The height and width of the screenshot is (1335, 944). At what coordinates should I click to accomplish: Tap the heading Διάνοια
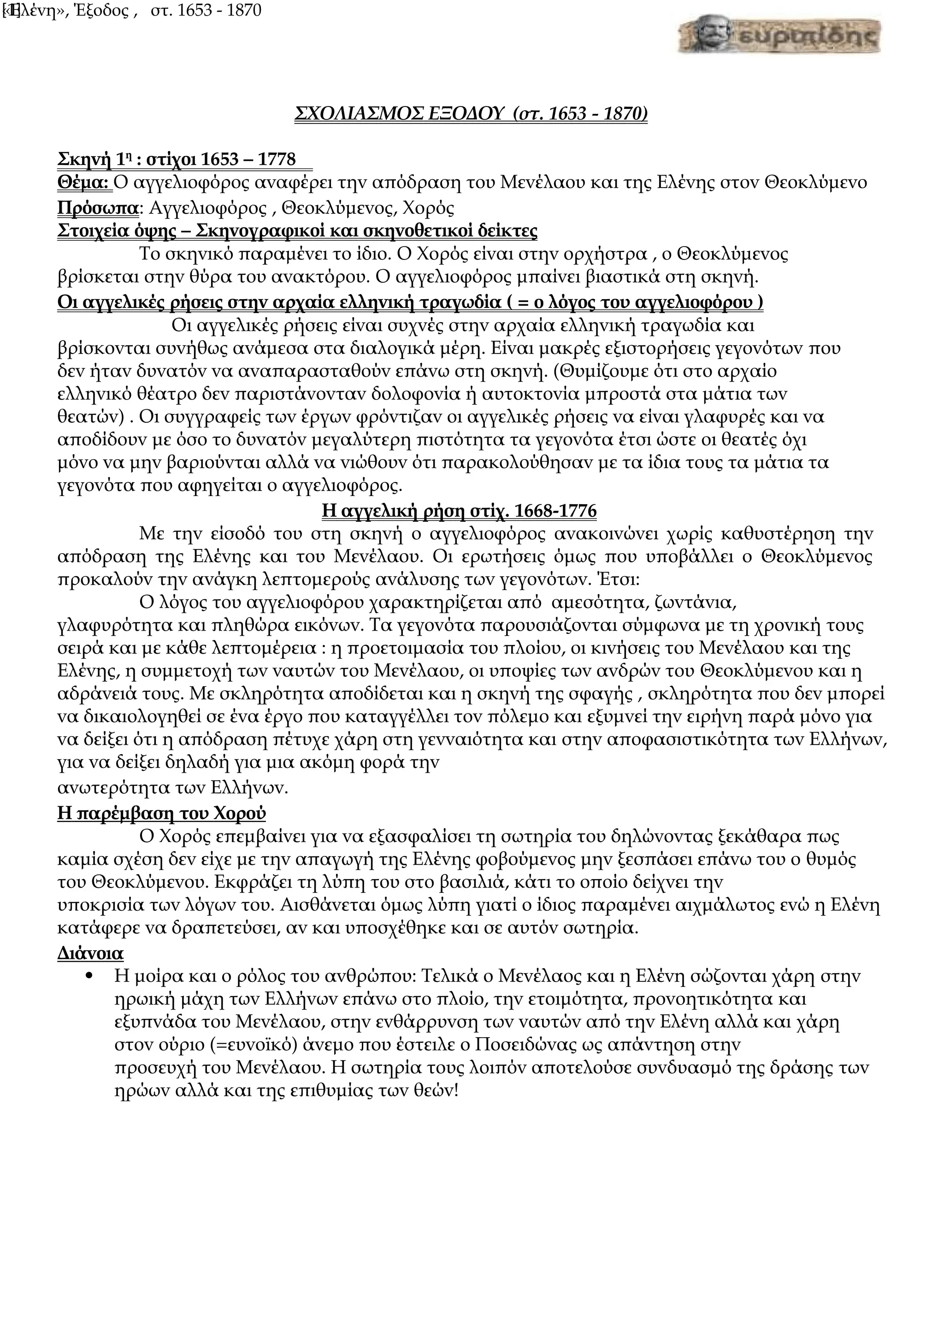pos(91,954)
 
